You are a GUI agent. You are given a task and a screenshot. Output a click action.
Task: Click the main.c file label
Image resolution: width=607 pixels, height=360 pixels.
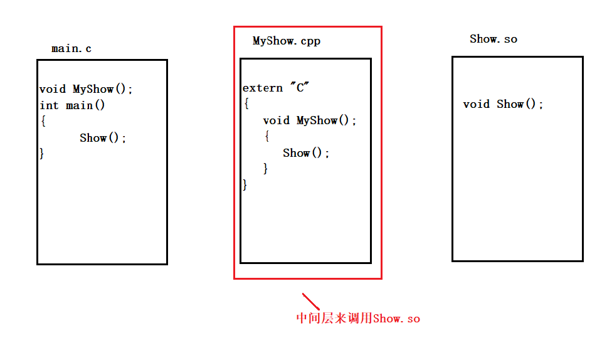[71, 48]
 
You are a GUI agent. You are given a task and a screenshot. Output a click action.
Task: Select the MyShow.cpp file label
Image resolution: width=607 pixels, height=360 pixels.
[287, 41]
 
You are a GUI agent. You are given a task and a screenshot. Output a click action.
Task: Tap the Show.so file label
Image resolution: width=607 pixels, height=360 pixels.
[494, 39]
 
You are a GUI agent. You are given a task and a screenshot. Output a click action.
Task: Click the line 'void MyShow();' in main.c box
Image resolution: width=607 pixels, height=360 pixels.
[86, 89]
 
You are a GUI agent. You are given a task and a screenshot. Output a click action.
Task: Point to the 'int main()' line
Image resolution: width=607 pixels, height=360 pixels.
[72, 105]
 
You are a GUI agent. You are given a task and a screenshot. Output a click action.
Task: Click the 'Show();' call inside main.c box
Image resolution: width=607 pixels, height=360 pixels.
[103, 138]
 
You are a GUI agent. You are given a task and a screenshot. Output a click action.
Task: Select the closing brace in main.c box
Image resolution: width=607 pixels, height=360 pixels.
[42, 153]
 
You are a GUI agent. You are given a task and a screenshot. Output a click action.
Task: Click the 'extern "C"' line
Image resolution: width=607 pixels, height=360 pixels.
[277, 88]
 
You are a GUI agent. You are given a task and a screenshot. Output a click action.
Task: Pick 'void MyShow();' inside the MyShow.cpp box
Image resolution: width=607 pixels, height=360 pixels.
[310, 120]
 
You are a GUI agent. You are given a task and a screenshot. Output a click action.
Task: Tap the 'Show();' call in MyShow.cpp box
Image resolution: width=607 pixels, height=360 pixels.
[306, 153]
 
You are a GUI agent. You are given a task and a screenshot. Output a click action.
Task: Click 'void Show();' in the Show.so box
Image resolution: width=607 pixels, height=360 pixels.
[503, 104]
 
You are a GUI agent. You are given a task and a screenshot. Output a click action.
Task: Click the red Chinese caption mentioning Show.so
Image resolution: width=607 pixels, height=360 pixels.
[358, 319]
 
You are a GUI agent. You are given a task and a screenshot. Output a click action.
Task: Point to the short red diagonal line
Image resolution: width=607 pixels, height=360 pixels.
[311, 301]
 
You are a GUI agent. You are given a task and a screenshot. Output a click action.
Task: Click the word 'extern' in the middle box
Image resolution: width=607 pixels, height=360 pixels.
[263, 88]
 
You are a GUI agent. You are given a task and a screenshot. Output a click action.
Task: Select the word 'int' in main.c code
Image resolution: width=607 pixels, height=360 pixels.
[49, 105]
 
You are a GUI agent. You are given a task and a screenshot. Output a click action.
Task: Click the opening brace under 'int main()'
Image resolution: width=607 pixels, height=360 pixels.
[43, 121]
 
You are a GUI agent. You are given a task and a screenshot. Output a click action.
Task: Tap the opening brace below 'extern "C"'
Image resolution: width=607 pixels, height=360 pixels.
[246, 103]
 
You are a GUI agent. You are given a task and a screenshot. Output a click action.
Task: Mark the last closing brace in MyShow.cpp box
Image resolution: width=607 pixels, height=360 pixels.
[245, 184]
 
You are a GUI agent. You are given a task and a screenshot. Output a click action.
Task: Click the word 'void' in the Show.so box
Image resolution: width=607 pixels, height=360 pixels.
[476, 104]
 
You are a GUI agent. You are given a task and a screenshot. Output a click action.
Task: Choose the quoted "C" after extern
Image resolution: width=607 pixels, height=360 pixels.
[300, 88]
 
